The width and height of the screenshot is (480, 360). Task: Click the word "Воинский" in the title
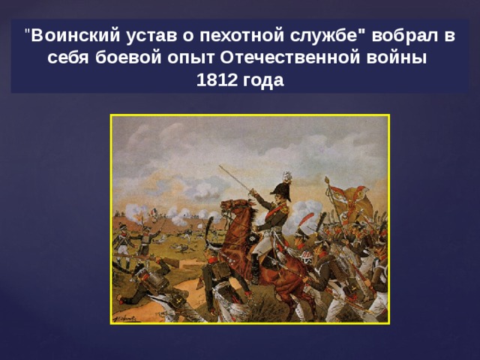click(75, 36)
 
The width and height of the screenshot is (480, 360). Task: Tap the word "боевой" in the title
click(128, 58)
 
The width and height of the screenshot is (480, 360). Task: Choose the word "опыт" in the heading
click(190, 58)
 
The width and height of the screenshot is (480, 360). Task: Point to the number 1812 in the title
click(217, 80)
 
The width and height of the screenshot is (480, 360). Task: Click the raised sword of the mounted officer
click(235, 179)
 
